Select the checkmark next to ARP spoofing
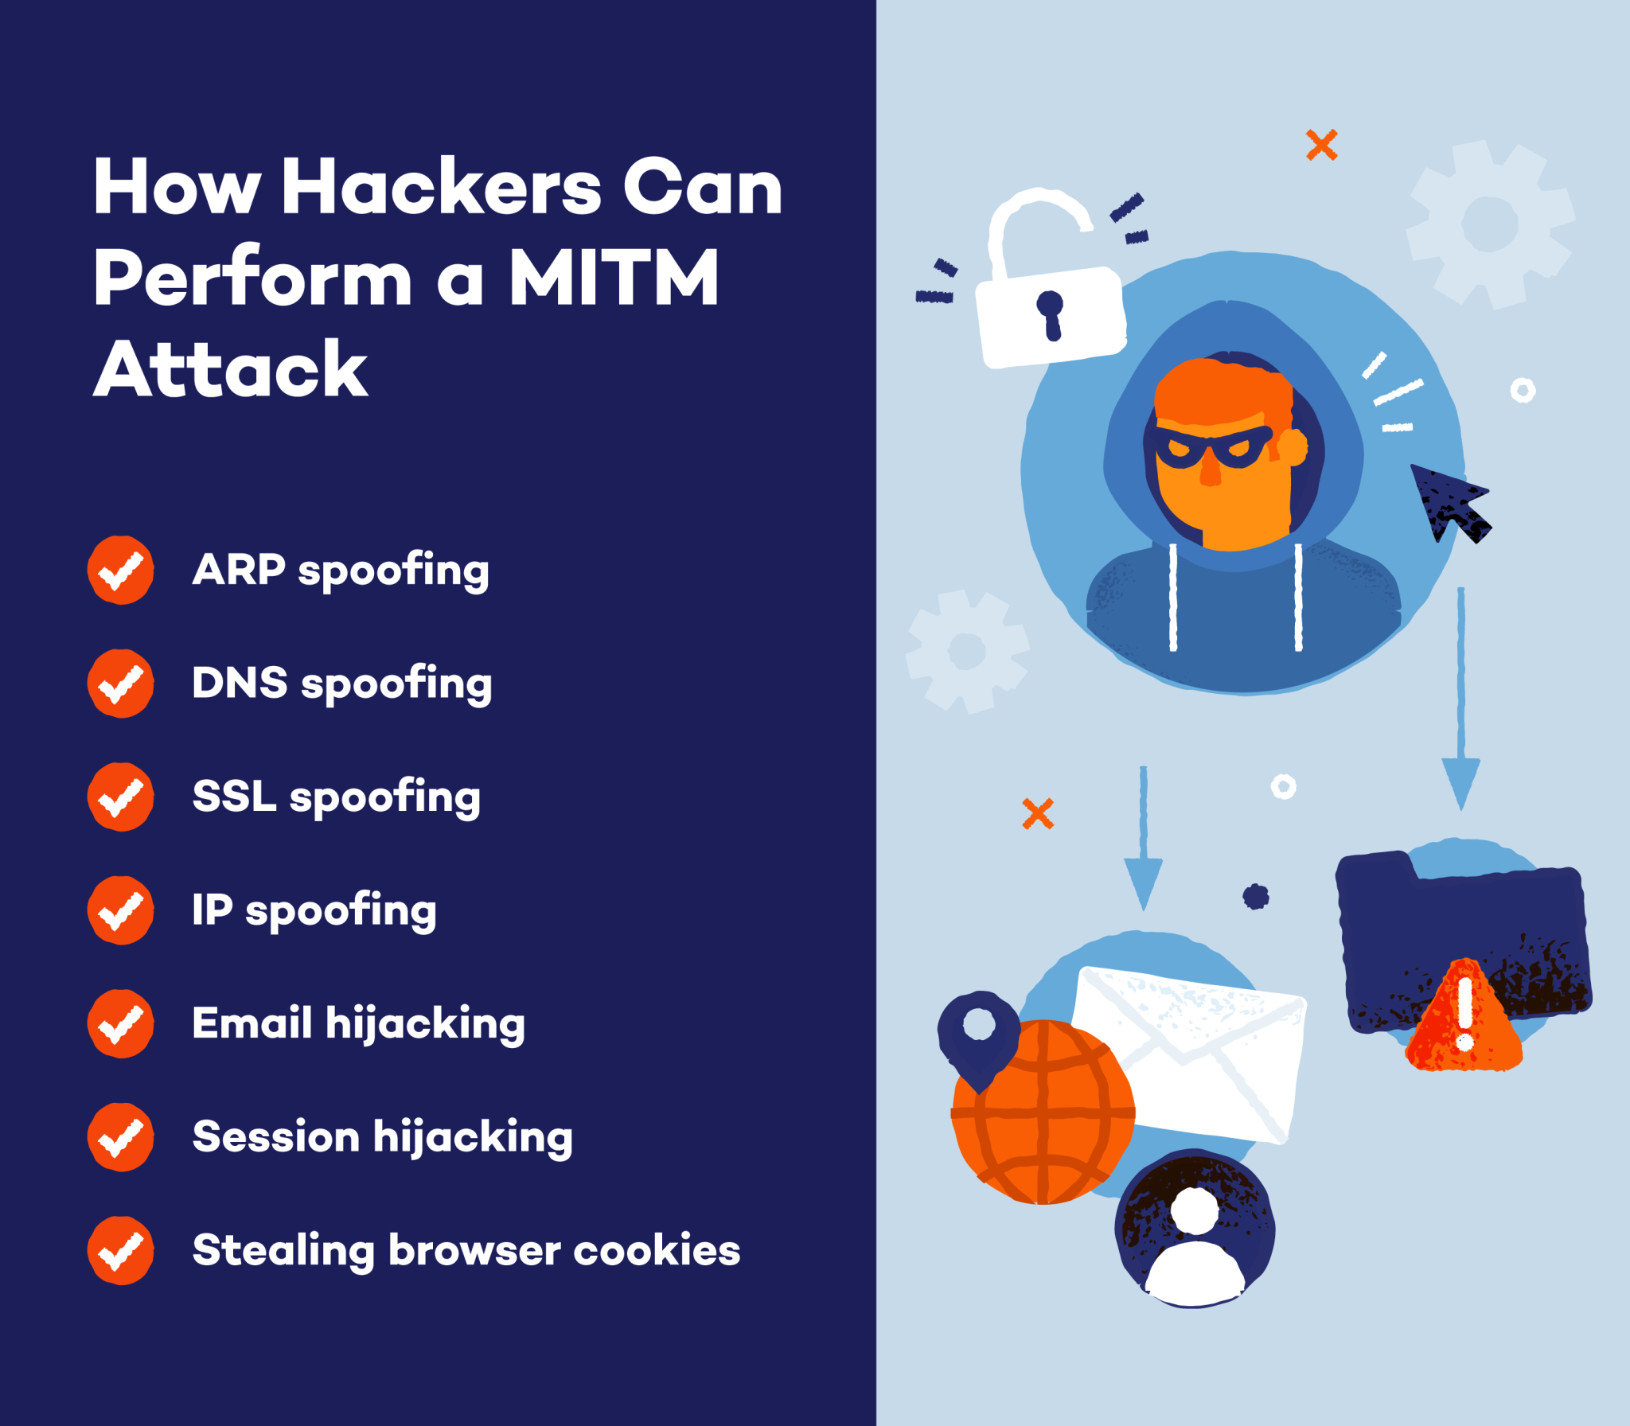coord(120,570)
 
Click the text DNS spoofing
coord(342,684)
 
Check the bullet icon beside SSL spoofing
coord(120,797)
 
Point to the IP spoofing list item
coord(314,910)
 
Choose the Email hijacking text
coord(359,1023)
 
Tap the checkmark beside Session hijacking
coord(120,1136)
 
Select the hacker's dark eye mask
coord(1212,448)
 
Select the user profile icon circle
coord(1194,1229)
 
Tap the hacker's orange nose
coord(1210,473)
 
